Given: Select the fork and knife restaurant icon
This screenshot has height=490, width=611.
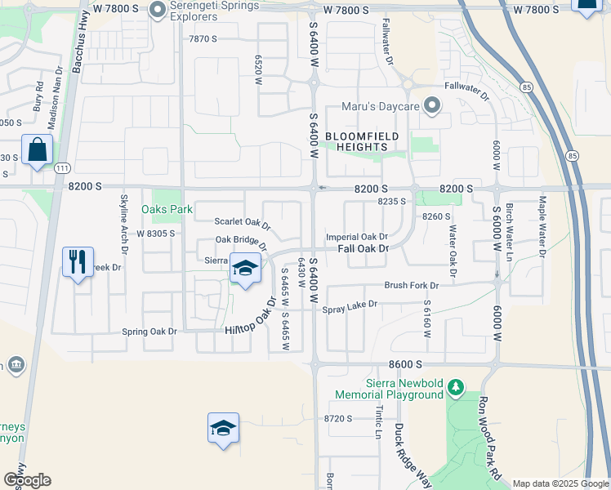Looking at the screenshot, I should click(x=78, y=262).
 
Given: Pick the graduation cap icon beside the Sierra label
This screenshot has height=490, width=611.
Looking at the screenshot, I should click(x=244, y=268).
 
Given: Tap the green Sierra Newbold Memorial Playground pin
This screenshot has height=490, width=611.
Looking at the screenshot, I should click(x=457, y=385).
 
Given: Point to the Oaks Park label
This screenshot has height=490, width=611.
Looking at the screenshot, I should click(x=167, y=209).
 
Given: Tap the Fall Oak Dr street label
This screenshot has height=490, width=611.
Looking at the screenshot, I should click(x=362, y=248).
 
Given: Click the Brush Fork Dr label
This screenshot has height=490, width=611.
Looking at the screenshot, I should click(x=412, y=286).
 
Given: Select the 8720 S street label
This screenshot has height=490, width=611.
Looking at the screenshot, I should click(x=337, y=418).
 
